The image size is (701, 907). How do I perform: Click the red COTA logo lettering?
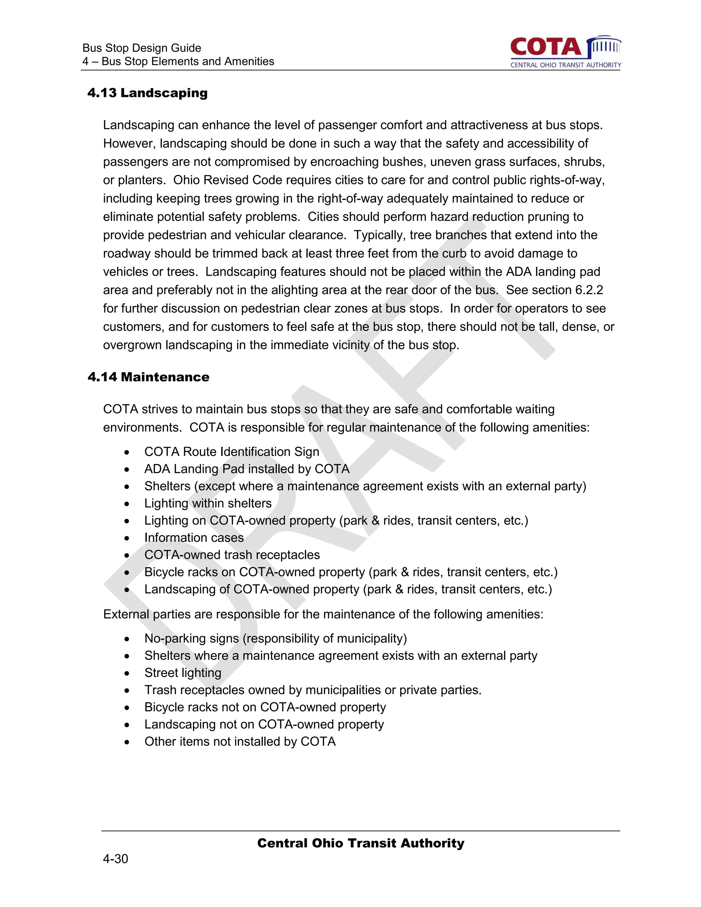coord(546,47)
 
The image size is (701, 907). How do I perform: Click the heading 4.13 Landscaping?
coord(148,93)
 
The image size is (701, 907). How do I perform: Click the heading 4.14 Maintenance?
coord(148,377)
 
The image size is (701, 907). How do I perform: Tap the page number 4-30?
coord(115,859)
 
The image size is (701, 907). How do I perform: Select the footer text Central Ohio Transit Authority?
coord(360,843)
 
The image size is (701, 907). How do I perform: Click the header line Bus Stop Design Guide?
coord(142,48)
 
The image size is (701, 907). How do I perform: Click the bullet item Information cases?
coord(194,537)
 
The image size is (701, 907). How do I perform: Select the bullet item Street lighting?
coord(183,673)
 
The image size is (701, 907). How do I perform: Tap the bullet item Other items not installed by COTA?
coord(240,741)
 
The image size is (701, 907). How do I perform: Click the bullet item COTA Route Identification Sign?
coord(232,451)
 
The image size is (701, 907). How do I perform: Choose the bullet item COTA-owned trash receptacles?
coord(232,555)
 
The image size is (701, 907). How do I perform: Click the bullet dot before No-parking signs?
coord(127,639)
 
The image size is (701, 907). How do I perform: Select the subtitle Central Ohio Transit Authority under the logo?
coord(565,65)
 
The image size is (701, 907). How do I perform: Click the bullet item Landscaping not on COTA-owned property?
coord(264,724)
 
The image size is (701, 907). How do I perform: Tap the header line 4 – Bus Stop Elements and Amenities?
coord(178,62)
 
